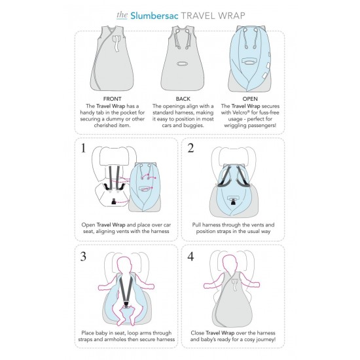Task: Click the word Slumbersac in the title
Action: (154, 16)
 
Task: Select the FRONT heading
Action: (113, 99)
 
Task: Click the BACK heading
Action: (183, 99)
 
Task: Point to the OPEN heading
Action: (250, 99)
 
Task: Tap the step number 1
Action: (83, 148)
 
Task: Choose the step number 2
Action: (190, 148)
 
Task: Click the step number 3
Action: (83, 257)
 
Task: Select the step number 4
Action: (190, 257)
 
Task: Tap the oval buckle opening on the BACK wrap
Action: (183, 63)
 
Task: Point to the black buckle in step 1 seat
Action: (113, 202)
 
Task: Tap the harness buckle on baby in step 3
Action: (126, 304)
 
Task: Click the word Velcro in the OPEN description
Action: (242, 113)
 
